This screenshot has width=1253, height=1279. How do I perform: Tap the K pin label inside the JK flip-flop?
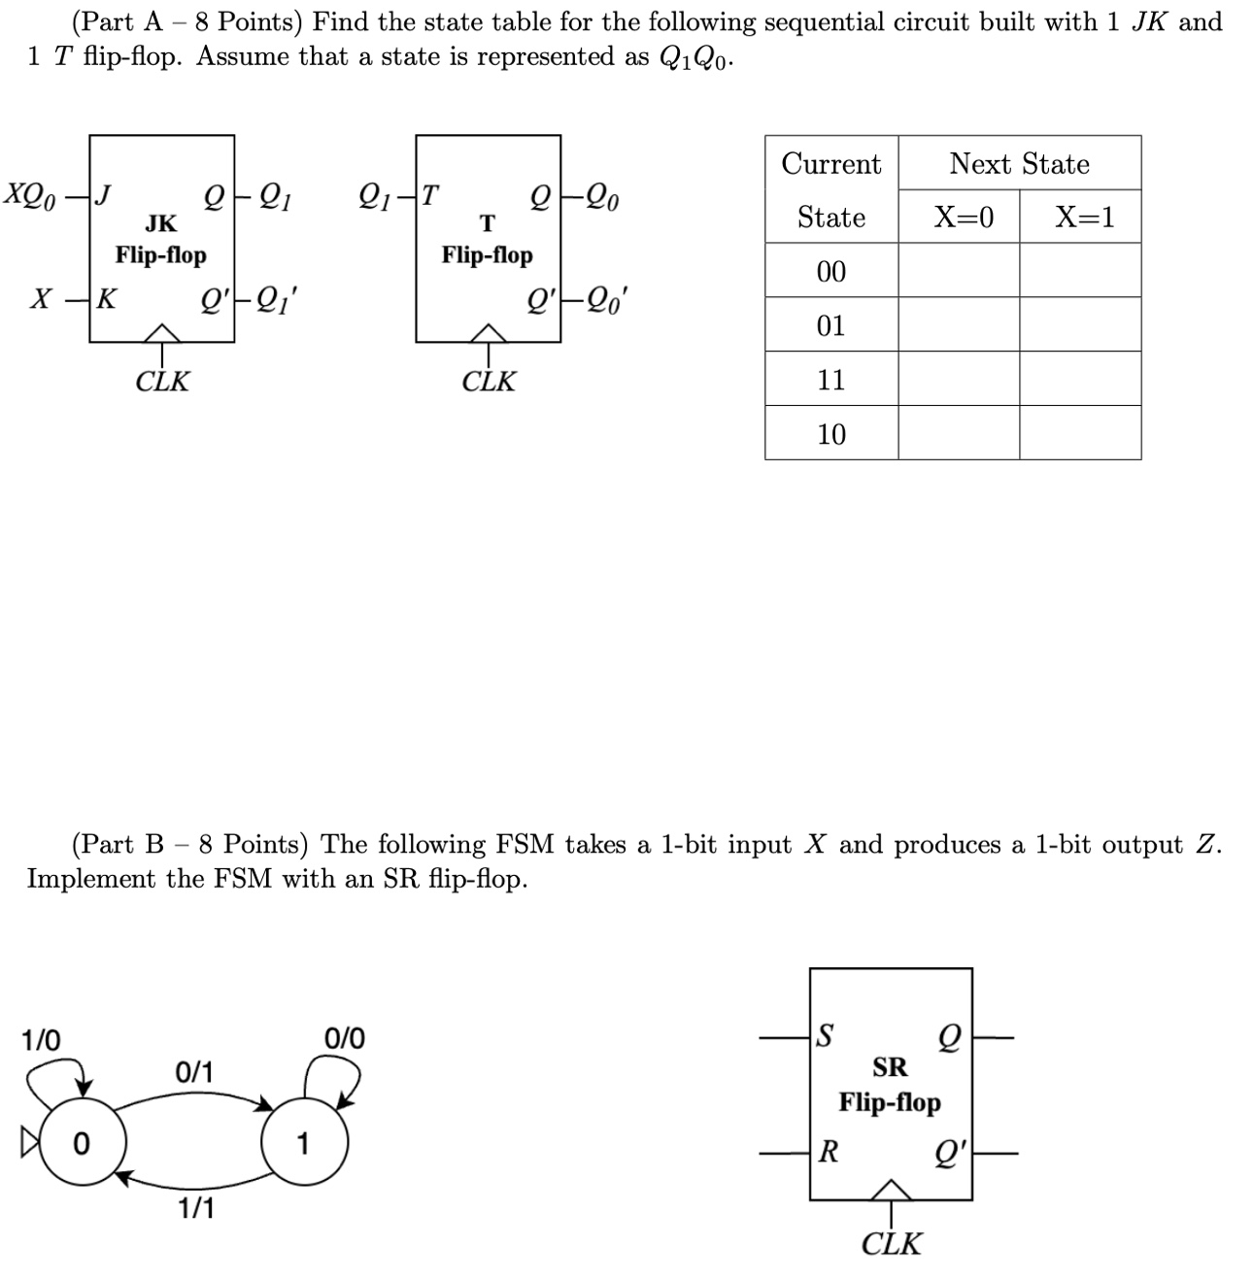click(x=106, y=298)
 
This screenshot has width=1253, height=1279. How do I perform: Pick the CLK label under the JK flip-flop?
click(x=162, y=381)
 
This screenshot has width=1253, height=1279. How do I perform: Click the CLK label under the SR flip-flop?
click(x=891, y=1243)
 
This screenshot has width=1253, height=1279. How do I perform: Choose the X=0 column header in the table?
click(x=964, y=217)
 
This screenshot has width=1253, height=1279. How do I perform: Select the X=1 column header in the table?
click(x=1084, y=217)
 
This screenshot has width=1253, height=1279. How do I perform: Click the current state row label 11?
click(x=831, y=379)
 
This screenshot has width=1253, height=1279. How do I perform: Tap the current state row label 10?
click(x=831, y=433)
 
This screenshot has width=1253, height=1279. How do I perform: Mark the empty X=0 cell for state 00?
click(x=959, y=270)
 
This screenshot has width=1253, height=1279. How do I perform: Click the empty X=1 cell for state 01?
click(x=1080, y=324)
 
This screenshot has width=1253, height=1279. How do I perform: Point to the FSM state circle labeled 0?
click(x=80, y=1143)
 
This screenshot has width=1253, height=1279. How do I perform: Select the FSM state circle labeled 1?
click(x=303, y=1143)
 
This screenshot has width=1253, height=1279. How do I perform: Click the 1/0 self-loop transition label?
click(x=41, y=1040)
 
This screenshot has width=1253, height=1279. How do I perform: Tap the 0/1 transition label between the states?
click(x=194, y=1072)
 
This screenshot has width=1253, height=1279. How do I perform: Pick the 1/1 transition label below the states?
click(x=196, y=1208)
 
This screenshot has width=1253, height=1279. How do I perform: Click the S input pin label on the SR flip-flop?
click(x=826, y=1036)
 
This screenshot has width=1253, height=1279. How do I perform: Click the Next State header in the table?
click(x=1019, y=163)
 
